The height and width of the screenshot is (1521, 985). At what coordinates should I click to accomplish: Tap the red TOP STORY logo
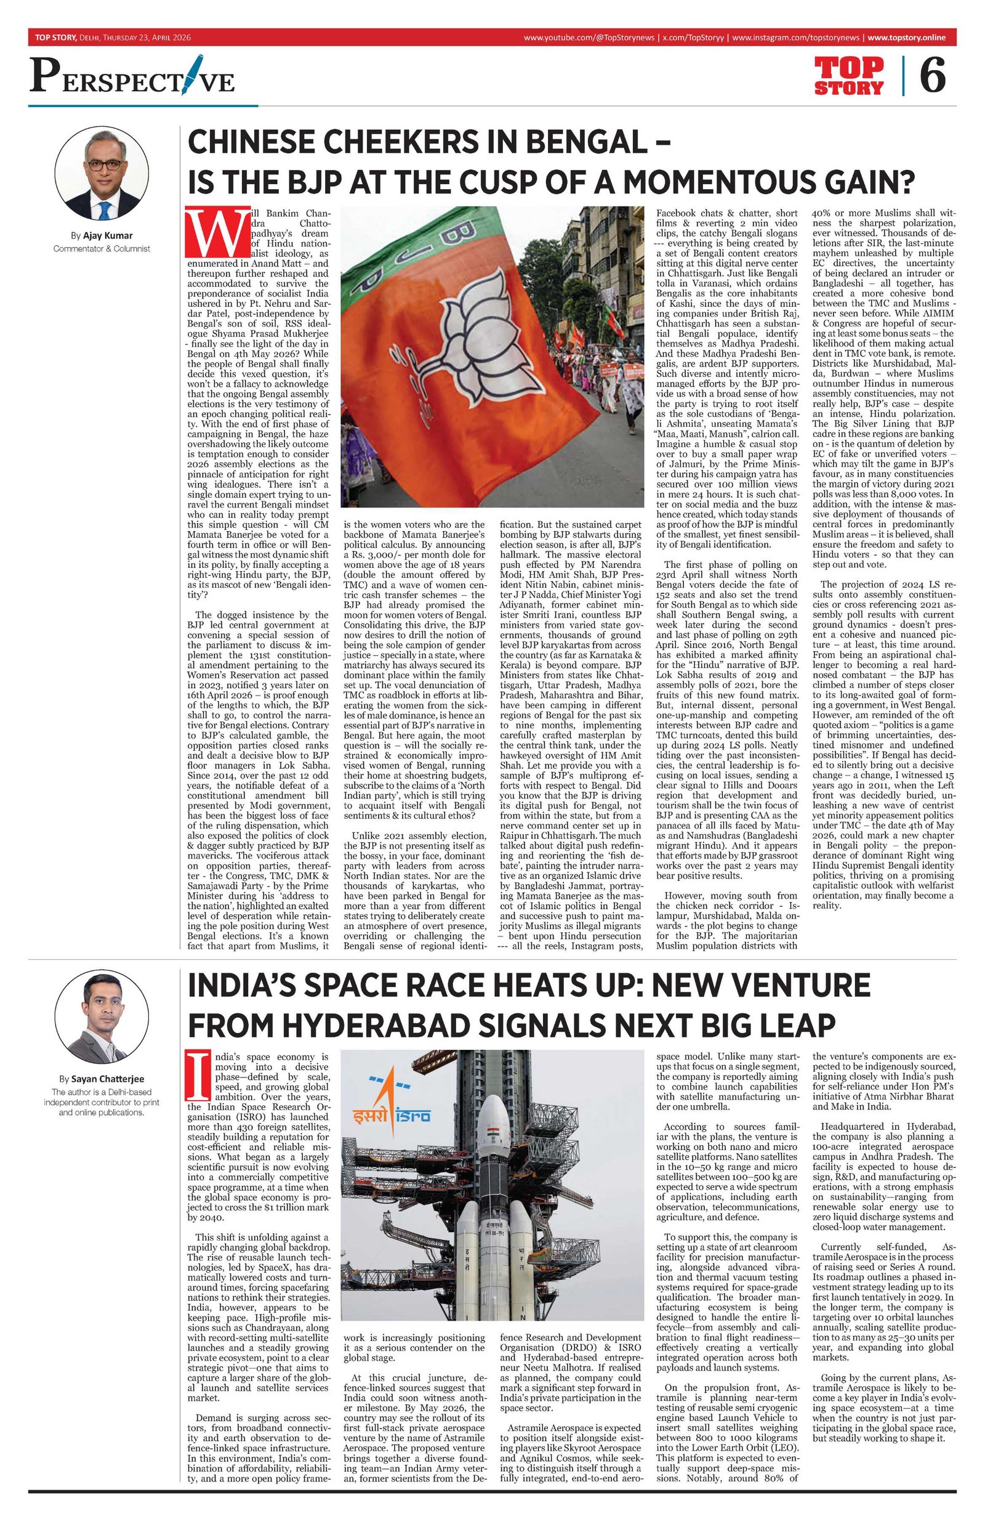click(x=848, y=76)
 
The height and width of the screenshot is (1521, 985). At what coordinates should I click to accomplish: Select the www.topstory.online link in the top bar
click(x=906, y=38)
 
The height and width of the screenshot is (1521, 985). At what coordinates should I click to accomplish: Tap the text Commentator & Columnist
click(x=102, y=248)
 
